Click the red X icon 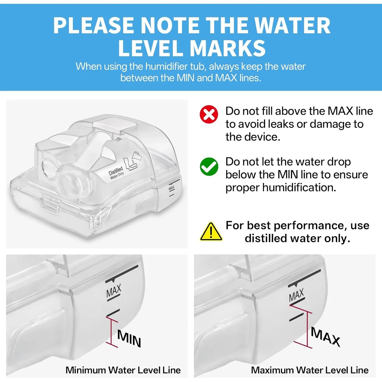pyautogui.click(x=209, y=114)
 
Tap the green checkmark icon pyautogui.click(x=209, y=167)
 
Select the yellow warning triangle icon pyautogui.click(x=211, y=231)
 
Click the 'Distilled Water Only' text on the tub pyautogui.click(x=116, y=173)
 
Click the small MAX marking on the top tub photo pyautogui.click(x=172, y=188)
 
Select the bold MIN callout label pyautogui.click(x=129, y=338)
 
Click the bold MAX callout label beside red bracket pyautogui.click(x=326, y=337)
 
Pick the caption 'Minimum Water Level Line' pyautogui.click(x=123, y=370)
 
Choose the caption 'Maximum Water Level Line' pyautogui.click(x=310, y=370)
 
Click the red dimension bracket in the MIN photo pyautogui.click(x=111, y=332)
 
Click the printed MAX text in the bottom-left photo pyautogui.click(x=114, y=291)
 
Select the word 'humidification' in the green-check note pyautogui.click(x=299, y=188)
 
